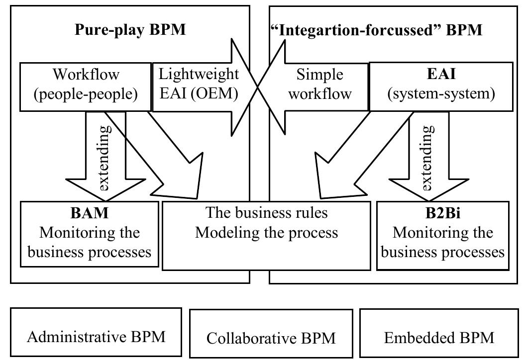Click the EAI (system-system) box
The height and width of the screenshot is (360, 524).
(x=441, y=85)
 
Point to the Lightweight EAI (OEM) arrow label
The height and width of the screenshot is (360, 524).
(x=198, y=85)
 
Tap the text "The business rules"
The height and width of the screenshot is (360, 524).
(x=267, y=213)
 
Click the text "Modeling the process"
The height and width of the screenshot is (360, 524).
(x=267, y=232)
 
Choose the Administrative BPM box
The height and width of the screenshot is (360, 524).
(x=96, y=337)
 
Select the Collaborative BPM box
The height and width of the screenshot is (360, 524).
(x=271, y=338)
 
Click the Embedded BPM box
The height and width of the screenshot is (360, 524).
(x=439, y=338)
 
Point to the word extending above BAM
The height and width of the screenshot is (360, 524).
(x=105, y=159)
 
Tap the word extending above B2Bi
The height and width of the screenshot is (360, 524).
(x=427, y=159)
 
